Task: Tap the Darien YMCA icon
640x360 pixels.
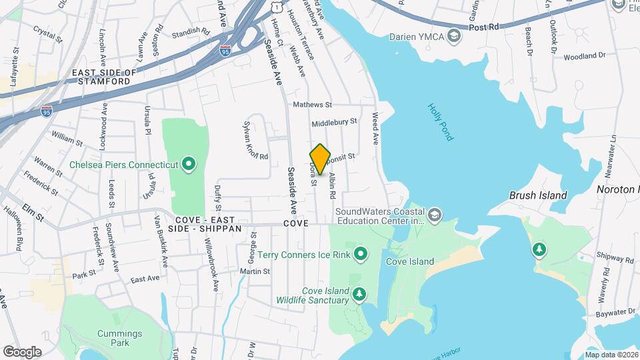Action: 455,35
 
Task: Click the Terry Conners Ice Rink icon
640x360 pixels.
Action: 361,253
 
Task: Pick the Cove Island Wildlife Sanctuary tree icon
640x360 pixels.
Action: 360,294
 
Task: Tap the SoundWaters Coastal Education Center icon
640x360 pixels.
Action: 435,215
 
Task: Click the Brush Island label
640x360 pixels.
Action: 537,195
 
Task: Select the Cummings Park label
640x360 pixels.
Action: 118,338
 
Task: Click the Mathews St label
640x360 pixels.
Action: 313,105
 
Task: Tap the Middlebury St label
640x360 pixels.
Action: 335,123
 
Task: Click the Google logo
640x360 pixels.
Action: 22,351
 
